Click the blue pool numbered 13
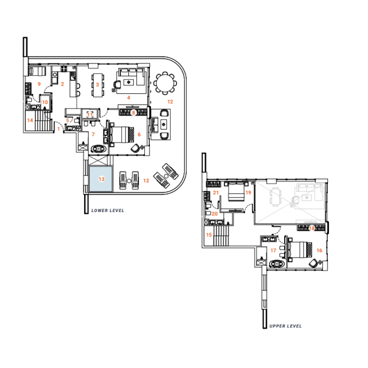pos(101,180)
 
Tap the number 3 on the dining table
pos(98,84)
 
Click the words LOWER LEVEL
pos(108,210)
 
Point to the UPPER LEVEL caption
pos(285,326)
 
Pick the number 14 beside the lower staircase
pos(30,121)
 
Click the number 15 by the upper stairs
pos(210,235)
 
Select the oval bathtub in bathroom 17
pos(277,264)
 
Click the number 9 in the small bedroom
pos(39,84)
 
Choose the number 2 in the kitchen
pos(62,84)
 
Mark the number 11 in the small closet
pos(90,114)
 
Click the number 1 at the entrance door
pos(58,129)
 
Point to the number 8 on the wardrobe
pos(133,112)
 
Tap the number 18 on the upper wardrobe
pos(312,228)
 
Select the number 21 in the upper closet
pos(216,193)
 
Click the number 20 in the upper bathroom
pos(215,213)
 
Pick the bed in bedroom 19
pos(236,192)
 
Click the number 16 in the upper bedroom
pos(319,250)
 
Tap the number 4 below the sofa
pos(129,98)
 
